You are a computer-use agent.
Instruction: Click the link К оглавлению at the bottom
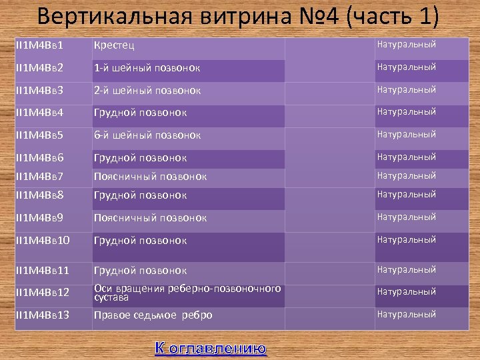pos(211,348)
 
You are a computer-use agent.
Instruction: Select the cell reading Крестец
pos(115,45)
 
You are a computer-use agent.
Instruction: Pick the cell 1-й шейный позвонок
pos(147,68)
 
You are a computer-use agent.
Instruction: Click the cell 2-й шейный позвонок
pos(147,90)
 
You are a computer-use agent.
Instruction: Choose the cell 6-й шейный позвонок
pos(147,135)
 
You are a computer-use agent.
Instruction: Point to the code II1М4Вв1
pos(39,45)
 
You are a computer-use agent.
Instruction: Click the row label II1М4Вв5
pos(39,135)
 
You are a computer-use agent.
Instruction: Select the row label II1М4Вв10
pos(42,240)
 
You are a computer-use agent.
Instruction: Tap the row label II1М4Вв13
pos(42,315)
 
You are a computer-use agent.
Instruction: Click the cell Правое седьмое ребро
pos(153,315)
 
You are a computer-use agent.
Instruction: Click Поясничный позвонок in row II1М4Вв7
pos(151,177)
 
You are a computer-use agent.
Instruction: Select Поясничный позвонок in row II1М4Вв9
pos(151,218)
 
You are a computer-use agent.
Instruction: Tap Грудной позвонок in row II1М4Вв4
pos(141,113)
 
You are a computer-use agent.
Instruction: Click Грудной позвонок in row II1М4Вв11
pos(141,271)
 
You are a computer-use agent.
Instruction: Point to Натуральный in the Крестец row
pos(407,45)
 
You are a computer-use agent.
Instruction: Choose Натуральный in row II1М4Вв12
pos(407,292)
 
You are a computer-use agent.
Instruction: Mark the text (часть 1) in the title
pos(393,17)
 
